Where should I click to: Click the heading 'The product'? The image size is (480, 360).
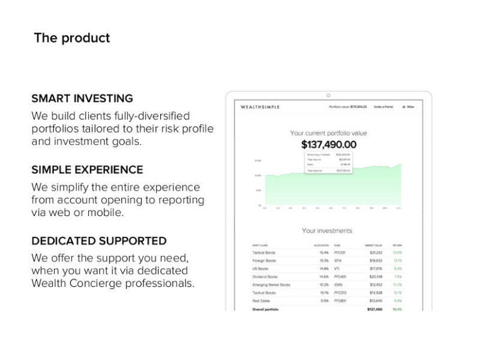click(72, 38)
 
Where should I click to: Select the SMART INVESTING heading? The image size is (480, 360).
click(82, 98)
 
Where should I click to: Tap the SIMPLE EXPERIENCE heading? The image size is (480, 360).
click(87, 170)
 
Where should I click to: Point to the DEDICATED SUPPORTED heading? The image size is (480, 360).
click(99, 241)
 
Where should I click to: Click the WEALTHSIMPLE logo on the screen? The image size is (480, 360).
click(260, 107)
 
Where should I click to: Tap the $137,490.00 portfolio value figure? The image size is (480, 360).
click(328, 145)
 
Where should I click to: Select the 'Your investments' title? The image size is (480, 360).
click(327, 230)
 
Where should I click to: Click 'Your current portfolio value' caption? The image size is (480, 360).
click(328, 133)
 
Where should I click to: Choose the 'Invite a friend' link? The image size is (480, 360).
click(383, 107)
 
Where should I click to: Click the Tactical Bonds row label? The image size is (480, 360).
click(265, 253)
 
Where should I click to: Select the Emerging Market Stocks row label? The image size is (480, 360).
click(272, 284)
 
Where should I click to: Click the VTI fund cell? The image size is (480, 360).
click(337, 269)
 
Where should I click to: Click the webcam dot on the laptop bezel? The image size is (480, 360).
click(328, 95)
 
